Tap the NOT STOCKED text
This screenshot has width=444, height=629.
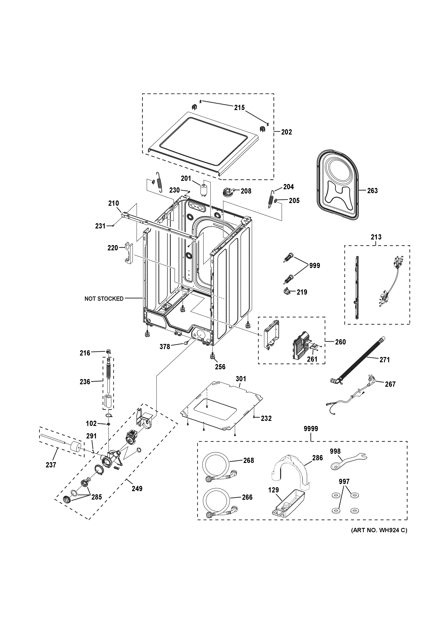click(x=104, y=299)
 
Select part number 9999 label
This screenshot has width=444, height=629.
click(x=311, y=429)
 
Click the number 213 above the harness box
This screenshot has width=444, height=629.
click(x=376, y=237)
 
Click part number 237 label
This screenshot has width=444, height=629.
click(x=51, y=465)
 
